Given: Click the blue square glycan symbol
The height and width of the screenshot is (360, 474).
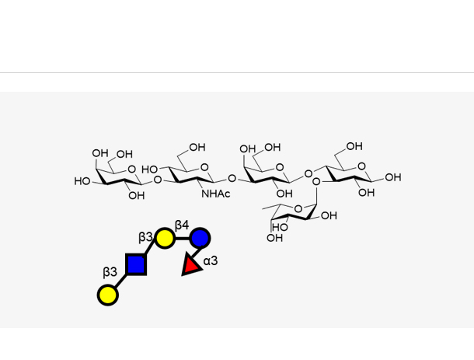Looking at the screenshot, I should (136, 264).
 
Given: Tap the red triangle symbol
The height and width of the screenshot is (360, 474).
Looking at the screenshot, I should (190, 266).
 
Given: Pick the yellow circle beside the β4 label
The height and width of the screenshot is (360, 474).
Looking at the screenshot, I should (164, 237).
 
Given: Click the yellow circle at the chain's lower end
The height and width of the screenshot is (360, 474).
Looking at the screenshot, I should (108, 295).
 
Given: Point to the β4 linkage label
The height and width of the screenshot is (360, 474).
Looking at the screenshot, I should (181, 225).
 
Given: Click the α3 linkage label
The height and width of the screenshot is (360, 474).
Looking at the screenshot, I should (211, 261).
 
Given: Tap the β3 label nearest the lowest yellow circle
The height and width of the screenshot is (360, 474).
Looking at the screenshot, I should (110, 272).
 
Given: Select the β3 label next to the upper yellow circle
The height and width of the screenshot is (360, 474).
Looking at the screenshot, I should (146, 236).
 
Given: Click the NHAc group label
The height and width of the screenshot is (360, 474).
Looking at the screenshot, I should (216, 194).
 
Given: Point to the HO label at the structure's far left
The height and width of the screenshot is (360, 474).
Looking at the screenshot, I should (82, 181).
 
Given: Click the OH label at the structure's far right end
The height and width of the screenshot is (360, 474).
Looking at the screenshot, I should (393, 177).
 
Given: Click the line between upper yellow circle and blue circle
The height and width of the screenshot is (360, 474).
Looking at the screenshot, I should (182, 237).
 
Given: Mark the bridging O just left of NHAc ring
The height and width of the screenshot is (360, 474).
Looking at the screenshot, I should (158, 180).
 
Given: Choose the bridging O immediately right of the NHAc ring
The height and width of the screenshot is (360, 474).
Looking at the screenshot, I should (232, 178).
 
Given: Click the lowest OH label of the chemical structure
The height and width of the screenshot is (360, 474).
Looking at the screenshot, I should (274, 238).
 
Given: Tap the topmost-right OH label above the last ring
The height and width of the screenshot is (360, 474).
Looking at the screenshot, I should (354, 146).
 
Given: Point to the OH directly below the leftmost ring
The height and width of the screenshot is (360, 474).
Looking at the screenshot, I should (137, 196).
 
